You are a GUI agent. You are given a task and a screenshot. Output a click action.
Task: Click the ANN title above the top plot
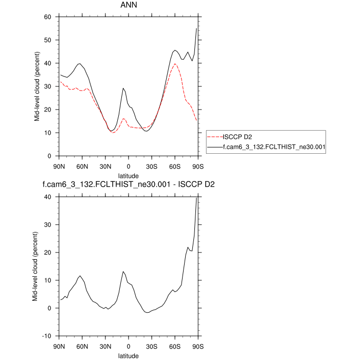[129, 7]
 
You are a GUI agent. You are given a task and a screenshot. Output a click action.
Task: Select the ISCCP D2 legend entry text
[238, 137]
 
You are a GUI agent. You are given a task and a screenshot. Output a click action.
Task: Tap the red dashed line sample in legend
[214, 137]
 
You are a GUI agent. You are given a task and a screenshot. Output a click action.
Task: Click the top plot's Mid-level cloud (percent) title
[37, 86]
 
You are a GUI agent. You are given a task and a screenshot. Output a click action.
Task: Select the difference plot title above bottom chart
[129, 184]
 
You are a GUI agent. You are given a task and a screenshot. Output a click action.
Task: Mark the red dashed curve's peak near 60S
[175, 64]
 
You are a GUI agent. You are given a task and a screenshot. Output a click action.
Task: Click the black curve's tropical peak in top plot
[123, 88]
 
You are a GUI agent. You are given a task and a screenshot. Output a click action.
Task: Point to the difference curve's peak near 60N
[80, 276]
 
